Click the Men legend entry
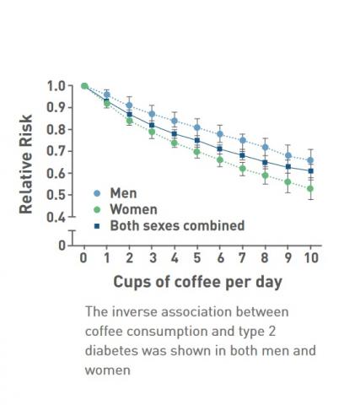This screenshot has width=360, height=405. tap(123, 193)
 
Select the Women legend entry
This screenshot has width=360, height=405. tap(131, 209)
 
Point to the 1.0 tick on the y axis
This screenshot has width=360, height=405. tap(56, 85)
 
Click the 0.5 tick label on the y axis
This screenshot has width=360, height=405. tap(56, 195)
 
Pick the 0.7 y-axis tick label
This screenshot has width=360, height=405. tap(56, 151)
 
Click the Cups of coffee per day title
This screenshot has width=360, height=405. tap(197, 281)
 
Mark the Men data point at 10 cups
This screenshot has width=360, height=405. tap(310, 160)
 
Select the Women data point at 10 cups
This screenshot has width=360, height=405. tap(310, 189)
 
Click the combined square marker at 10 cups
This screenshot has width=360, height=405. tap(310, 170)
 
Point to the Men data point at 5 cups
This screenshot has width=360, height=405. tap(196, 127)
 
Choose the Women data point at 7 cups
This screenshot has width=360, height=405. tap(242, 169)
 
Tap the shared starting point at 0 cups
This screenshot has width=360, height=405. tap(83, 85)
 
